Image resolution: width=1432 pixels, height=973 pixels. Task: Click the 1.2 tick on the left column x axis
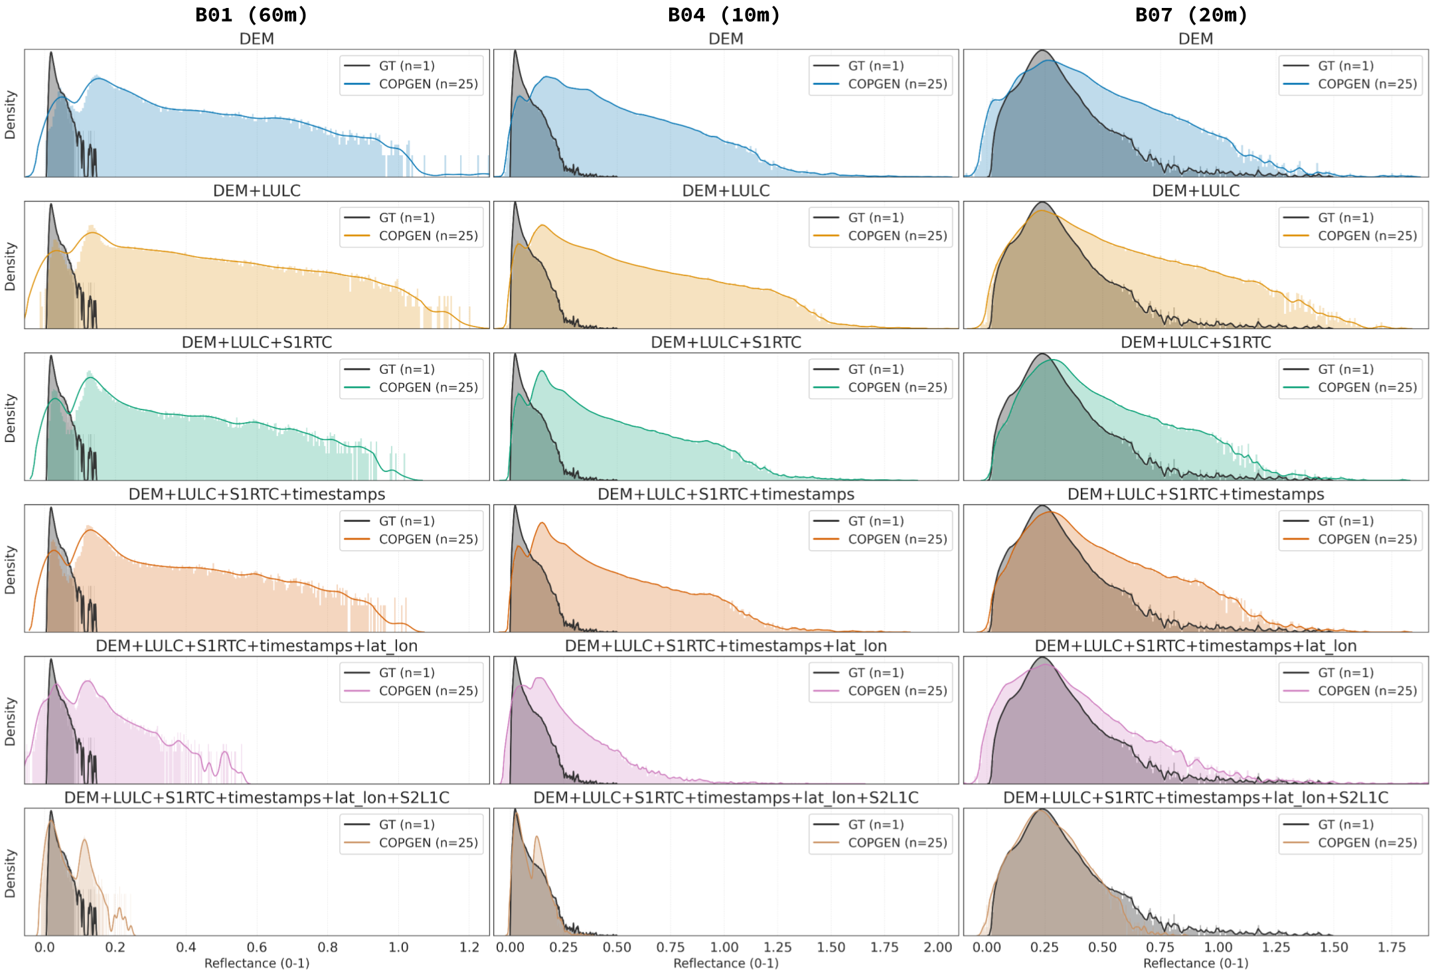pyautogui.click(x=469, y=947)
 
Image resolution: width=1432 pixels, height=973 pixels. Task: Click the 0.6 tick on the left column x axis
pyautogui.click(x=256, y=947)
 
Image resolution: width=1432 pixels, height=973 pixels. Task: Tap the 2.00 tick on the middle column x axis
pyautogui.click(x=937, y=947)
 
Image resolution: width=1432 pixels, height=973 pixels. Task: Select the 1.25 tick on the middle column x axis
pyautogui.click(x=777, y=947)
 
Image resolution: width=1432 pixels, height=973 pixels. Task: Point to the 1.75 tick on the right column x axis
pyautogui.click(x=1392, y=947)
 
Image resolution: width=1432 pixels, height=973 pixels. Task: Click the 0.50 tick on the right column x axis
pyautogui.click(x=1102, y=947)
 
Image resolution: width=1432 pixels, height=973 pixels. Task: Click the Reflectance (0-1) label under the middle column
pyautogui.click(x=726, y=963)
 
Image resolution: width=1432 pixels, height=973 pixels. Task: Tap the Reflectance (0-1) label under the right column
pyautogui.click(x=1195, y=963)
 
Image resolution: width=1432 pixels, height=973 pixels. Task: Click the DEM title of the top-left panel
pyautogui.click(x=256, y=38)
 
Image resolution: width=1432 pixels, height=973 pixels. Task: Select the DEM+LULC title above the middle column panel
pyautogui.click(x=726, y=190)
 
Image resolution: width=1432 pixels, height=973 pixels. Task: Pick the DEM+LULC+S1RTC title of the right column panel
pyautogui.click(x=1195, y=342)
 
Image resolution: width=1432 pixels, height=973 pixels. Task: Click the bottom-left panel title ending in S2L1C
pyautogui.click(x=256, y=797)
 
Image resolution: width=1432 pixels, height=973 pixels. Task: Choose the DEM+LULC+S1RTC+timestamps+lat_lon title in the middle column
pyautogui.click(x=726, y=646)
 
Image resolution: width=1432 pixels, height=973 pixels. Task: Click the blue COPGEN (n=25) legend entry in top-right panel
pyautogui.click(x=1366, y=84)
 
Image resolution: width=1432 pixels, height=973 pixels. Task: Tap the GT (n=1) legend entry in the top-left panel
pyautogui.click(x=406, y=66)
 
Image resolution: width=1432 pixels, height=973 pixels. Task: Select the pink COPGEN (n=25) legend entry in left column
pyautogui.click(x=428, y=691)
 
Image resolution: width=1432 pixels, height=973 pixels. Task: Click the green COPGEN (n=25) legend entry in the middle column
pyautogui.click(x=897, y=388)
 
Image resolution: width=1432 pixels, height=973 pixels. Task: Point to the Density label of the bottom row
pyautogui.click(x=10, y=873)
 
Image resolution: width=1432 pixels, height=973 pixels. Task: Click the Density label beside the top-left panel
pyautogui.click(x=10, y=115)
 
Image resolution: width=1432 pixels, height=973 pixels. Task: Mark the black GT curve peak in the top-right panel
pyautogui.click(x=1042, y=51)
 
